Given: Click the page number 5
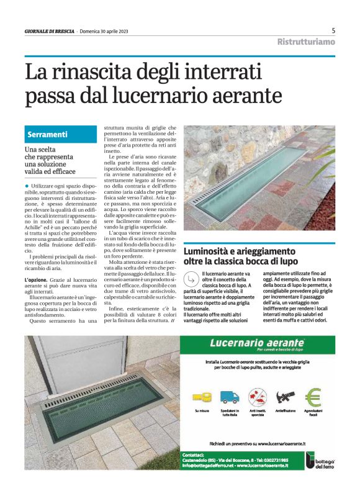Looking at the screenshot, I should point(333,30).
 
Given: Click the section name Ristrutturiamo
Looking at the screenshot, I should point(306,42).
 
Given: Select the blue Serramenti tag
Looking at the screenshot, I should point(47,134).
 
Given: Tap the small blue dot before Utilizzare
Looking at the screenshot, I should point(27,186).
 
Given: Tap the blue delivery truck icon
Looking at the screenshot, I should point(230,397).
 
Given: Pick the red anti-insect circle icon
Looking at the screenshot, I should point(257,397).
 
